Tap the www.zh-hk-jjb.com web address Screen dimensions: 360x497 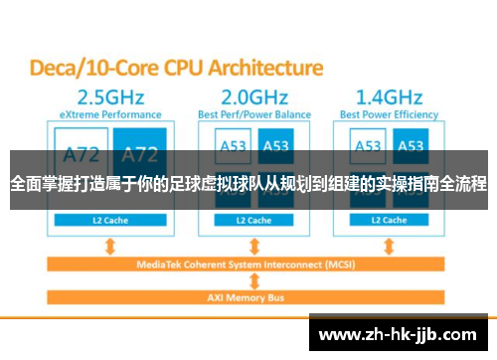tap(402, 332)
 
